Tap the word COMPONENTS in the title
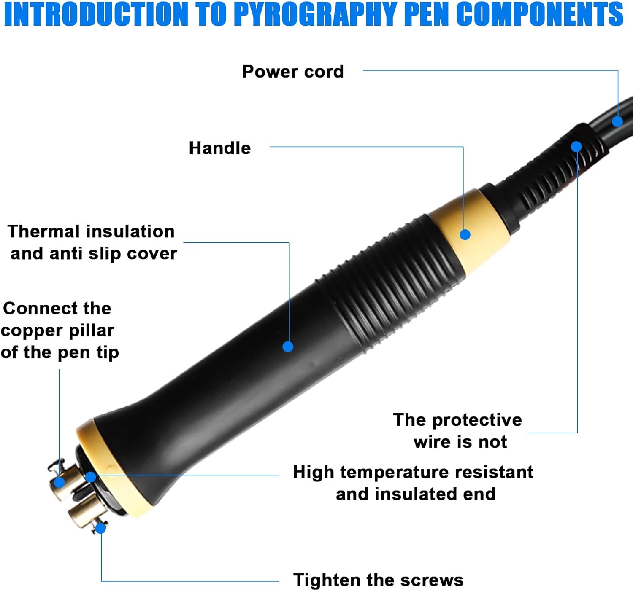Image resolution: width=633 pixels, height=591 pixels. (540, 14)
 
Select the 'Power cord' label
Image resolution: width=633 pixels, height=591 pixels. (293, 71)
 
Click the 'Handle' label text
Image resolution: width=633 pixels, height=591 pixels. (220, 148)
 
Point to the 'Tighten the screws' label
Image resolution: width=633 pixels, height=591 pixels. (379, 580)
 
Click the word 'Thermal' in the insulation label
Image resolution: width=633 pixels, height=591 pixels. (43, 231)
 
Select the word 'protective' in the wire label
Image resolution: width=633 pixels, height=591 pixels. (477, 420)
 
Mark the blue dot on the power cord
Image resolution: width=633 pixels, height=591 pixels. (617, 121)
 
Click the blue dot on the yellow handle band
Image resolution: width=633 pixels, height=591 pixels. (465, 235)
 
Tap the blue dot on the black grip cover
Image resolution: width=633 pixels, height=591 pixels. (288, 347)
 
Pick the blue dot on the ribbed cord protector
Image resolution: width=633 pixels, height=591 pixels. (576, 147)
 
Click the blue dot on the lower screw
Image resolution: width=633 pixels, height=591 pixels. (101, 529)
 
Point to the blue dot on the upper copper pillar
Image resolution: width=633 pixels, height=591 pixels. (59, 482)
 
